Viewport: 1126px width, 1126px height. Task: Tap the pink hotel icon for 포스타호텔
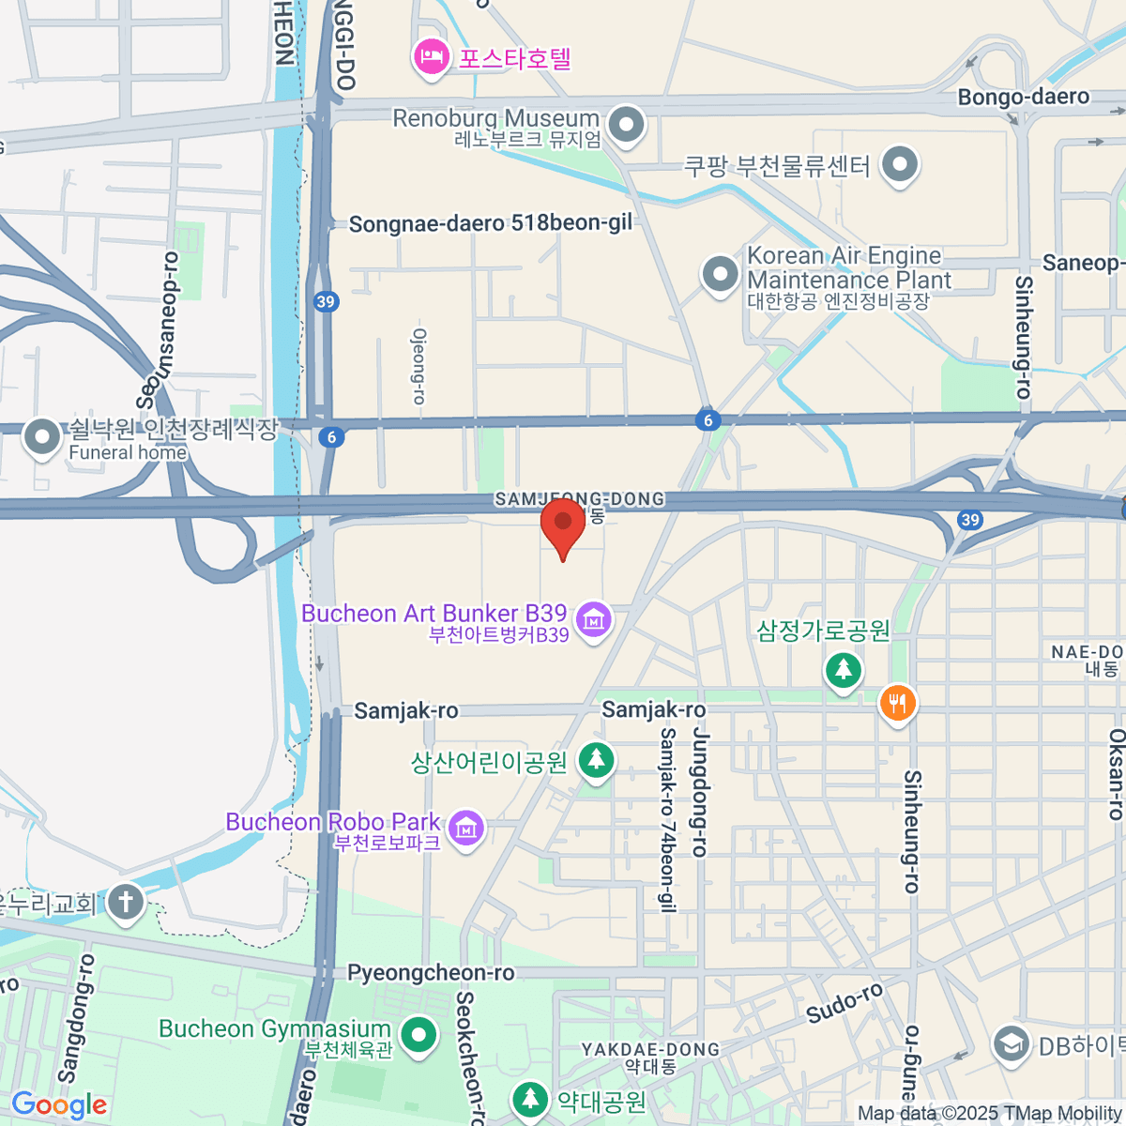pos(431,58)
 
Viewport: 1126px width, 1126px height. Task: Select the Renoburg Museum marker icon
pos(627,125)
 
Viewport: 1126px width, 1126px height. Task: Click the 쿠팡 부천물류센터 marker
pos(900,165)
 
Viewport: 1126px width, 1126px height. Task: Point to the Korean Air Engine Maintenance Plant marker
pos(721,276)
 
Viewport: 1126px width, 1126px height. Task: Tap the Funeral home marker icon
pos(41,437)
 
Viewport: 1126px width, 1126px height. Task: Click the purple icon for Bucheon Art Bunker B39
pos(593,619)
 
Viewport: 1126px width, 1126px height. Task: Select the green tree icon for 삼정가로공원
pos(844,670)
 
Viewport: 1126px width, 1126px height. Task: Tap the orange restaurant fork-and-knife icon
pos(898,702)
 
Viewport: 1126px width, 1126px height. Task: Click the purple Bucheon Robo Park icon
pos(466,828)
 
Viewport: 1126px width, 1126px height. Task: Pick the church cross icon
pos(125,903)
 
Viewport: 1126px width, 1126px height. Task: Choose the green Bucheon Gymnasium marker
pos(418,1036)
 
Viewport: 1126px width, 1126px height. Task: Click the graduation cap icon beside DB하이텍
pos(1012,1043)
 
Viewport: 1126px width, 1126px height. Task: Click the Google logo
pos(58,1105)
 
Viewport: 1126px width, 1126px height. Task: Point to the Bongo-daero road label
pos(1023,97)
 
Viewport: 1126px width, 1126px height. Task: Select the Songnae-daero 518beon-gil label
pos(490,223)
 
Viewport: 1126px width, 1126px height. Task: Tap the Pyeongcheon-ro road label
pos(431,973)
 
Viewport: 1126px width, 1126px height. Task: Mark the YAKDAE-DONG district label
pos(650,1049)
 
